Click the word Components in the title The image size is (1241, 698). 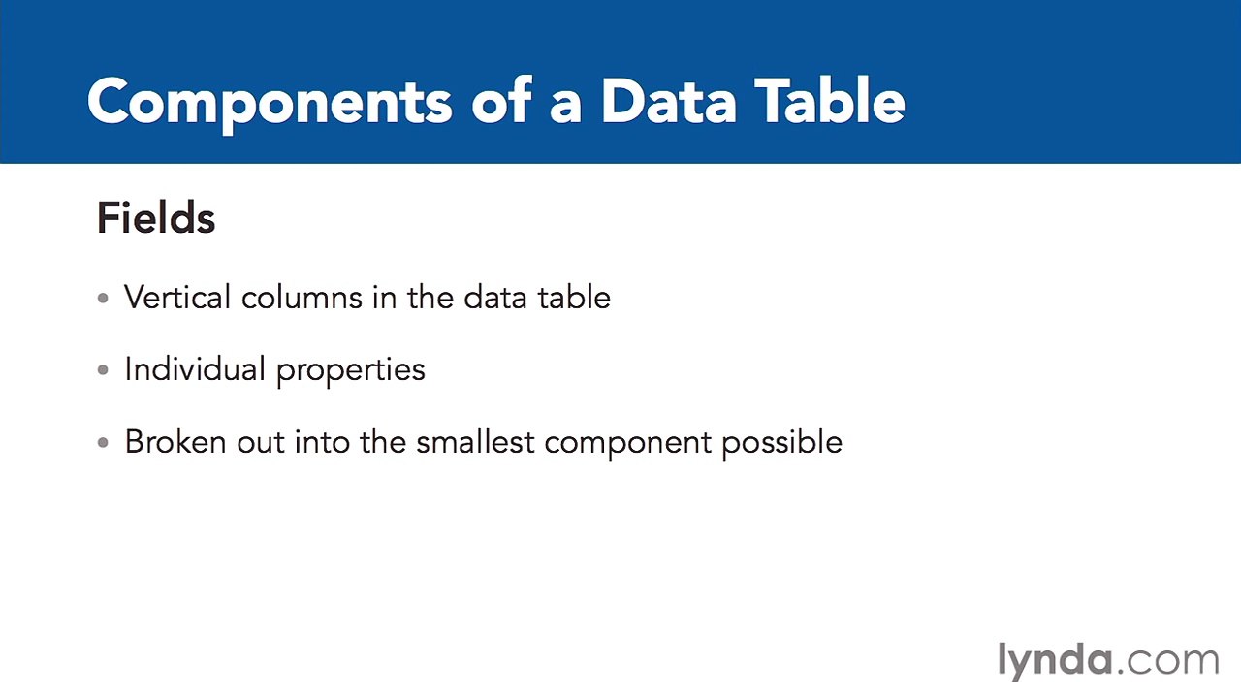click(x=269, y=102)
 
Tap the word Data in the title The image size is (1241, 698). click(x=668, y=102)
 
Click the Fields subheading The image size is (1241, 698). click(x=156, y=218)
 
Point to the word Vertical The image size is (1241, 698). click(x=177, y=298)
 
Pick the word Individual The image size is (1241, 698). click(x=195, y=369)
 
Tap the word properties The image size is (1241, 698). click(x=350, y=371)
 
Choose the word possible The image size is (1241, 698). click(x=781, y=443)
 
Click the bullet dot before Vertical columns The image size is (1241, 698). click(x=104, y=299)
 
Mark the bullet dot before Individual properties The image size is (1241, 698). click(x=104, y=370)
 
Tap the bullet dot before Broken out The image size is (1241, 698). click(x=104, y=443)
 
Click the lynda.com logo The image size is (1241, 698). click(x=1108, y=660)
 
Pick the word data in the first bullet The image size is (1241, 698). click(x=494, y=298)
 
